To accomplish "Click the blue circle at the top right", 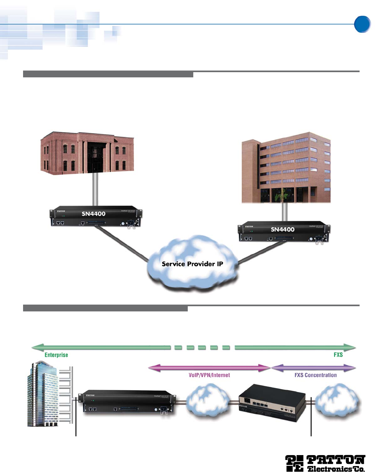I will [x=362, y=24].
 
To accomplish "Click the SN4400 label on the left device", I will [x=94, y=214].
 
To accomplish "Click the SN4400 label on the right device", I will [x=283, y=229].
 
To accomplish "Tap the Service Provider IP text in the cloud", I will [x=192, y=264].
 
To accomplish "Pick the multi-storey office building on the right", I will [x=286, y=167].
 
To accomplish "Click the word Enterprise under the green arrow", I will [x=56, y=355].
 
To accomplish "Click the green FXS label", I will [x=338, y=355].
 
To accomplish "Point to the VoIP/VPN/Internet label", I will [x=209, y=375].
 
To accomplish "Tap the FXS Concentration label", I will [x=315, y=375].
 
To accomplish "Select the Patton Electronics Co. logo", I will [x=325, y=463].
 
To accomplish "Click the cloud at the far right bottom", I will [x=338, y=401].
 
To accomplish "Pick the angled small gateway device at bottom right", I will [x=272, y=403].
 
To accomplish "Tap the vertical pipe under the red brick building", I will [x=95, y=189].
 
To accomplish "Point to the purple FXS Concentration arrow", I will [x=313, y=368].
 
